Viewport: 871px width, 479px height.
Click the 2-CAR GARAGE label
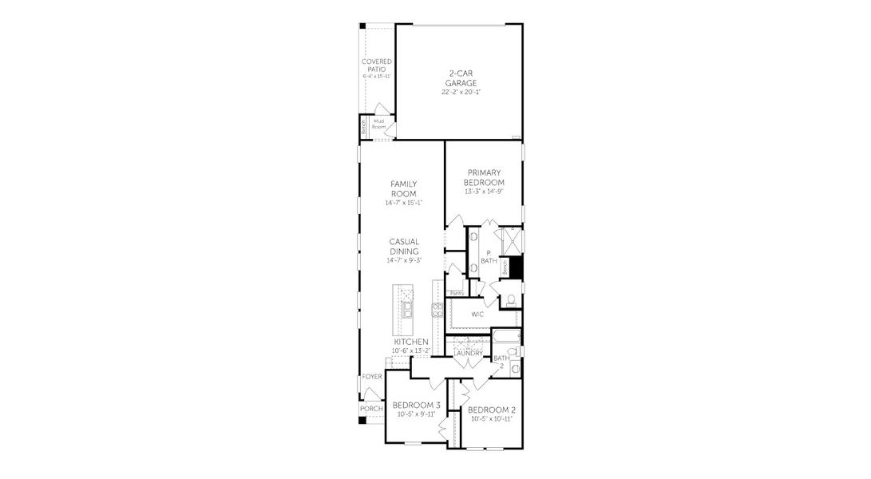(461, 77)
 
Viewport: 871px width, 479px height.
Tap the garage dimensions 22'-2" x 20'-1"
(461, 92)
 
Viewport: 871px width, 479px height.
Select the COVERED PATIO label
(377, 65)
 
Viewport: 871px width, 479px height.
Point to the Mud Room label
(379, 124)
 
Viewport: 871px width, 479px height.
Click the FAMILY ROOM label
(403, 188)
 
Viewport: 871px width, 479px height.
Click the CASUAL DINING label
(404, 246)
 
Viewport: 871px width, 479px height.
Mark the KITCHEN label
(405, 342)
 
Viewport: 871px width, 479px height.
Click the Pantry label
(457, 293)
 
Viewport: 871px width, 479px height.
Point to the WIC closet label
(477, 314)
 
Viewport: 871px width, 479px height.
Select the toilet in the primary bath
(511, 301)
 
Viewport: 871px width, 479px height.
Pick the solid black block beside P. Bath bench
(516, 267)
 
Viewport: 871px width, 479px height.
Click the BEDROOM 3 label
(417, 405)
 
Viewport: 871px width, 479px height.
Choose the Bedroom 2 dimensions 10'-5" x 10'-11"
(491, 418)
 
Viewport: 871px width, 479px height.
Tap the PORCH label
(371, 409)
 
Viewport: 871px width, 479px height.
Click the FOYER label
(372, 376)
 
